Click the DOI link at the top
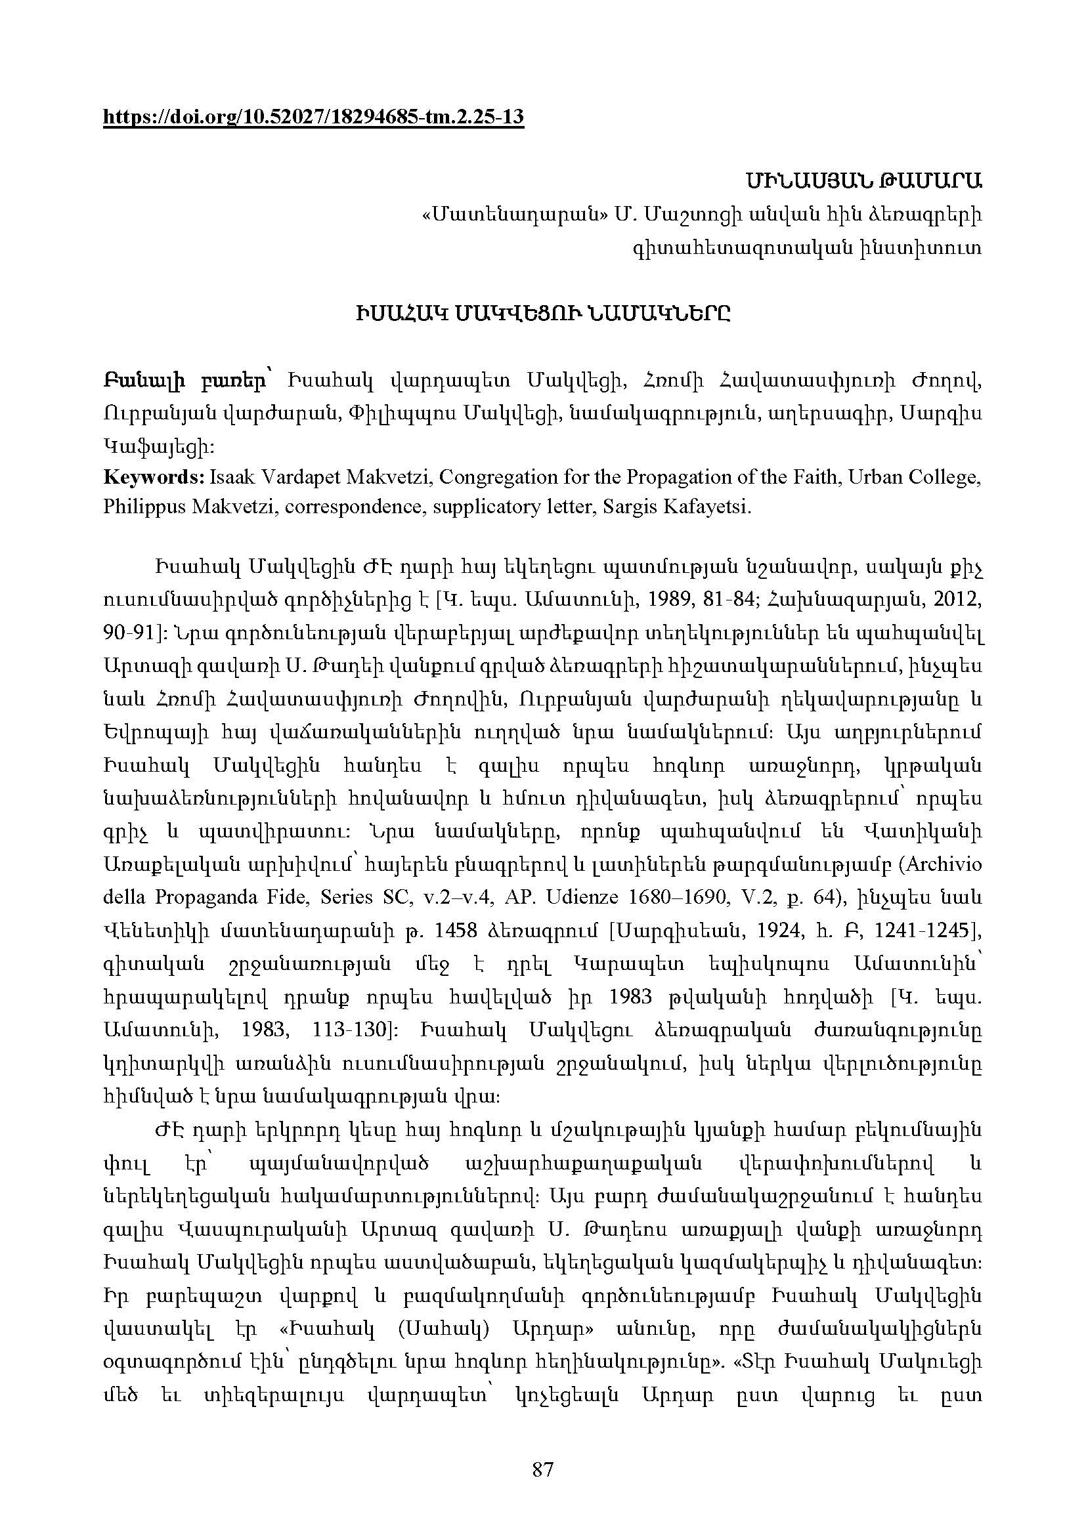coord(313,117)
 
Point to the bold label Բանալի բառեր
coord(183,382)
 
